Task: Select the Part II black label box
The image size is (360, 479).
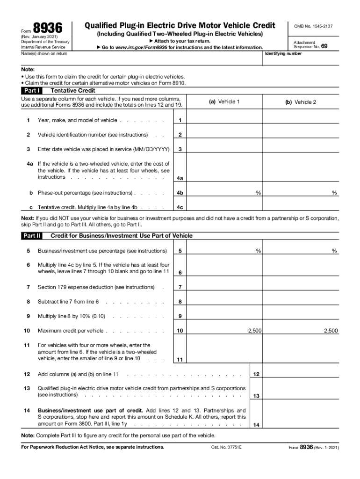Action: tap(32, 236)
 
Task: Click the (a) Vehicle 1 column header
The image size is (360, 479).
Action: tap(224, 102)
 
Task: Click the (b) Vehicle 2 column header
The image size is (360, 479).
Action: tap(301, 102)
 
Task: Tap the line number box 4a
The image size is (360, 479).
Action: tap(180, 178)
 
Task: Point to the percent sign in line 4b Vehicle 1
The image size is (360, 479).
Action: tap(258, 193)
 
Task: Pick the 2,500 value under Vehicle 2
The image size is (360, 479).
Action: tap(331, 331)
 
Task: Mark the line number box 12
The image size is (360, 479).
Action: tap(256, 374)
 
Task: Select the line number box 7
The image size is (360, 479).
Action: tap(180, 287)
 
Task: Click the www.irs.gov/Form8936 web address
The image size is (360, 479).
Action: tap(141, 48)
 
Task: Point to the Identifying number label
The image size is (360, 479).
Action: tap(283, 54)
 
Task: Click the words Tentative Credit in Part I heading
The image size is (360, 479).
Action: tap(72, 91)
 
